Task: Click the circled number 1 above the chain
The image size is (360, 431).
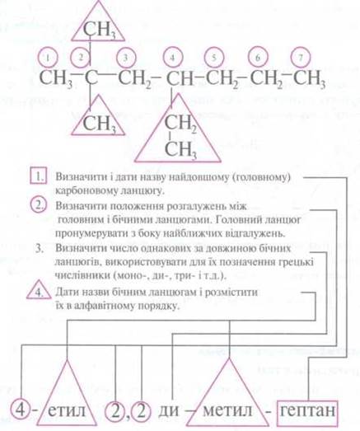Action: coord(49,58)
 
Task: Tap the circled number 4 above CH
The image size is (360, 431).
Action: coord(172,58)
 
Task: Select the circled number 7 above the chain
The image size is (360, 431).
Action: coord(301,58)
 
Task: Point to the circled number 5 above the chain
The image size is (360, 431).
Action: coord(214,58)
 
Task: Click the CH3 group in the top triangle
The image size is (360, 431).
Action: coord(100,30)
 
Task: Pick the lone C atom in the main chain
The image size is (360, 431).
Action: coord(91,77)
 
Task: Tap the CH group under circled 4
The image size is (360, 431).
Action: coord(180,77)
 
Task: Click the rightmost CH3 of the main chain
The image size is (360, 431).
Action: coord(309,79)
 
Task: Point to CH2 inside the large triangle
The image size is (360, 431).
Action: coord(180,123)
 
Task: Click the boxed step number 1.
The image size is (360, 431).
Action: coord(39,176)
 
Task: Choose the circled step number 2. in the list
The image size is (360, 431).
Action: coord(39,205)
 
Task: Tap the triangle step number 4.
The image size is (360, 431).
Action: coord(39,291)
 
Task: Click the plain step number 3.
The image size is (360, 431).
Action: coord(40,249)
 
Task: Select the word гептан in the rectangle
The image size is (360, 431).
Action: coord(308,410)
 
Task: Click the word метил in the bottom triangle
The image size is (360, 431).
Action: coord(227,410)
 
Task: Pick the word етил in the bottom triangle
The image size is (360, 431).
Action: coord(67,410)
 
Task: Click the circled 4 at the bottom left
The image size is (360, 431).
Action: coord(21,410)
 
